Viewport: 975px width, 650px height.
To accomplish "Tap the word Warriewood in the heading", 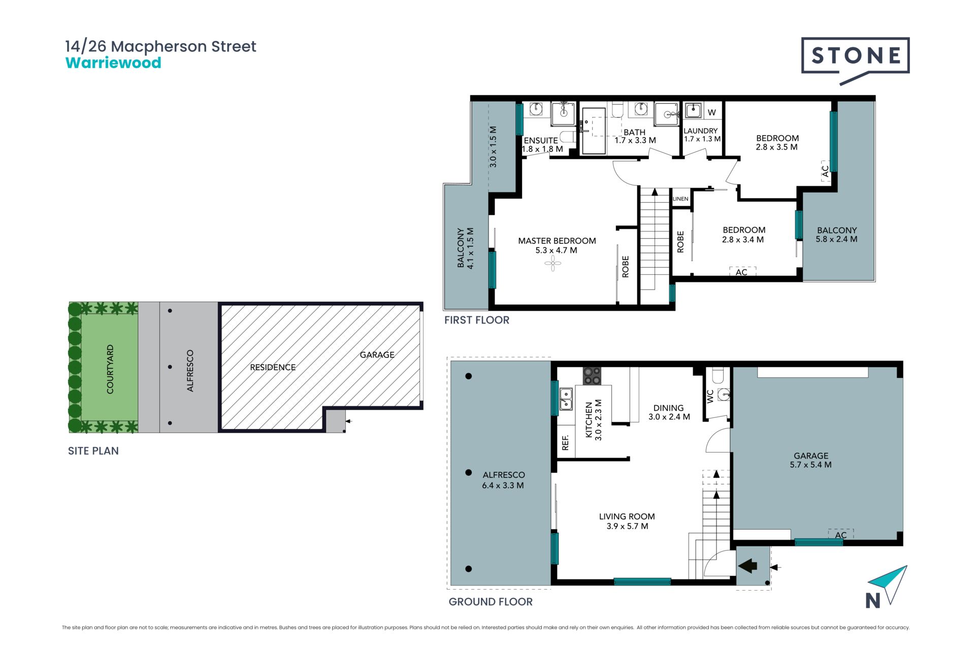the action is (x=113, y=63).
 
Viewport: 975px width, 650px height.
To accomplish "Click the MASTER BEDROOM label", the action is (x=557, y=241).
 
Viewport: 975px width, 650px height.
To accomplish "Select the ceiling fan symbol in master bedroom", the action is (x=552, y=263).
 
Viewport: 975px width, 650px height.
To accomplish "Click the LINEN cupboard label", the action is (x=680, y=199).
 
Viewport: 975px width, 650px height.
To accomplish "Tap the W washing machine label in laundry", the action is (x=712, y=113).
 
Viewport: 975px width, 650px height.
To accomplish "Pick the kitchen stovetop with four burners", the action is (x=592, y=376).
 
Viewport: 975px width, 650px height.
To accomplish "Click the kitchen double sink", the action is (x=566, y=399).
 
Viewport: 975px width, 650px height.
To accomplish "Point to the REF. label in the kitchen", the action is (x=565, y=443).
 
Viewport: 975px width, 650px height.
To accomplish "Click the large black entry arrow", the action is (x=747, y=565).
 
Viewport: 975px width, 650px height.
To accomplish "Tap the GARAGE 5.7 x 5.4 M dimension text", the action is (x=810, y=465).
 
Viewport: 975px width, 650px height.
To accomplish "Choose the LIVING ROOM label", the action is (x=627, y=516).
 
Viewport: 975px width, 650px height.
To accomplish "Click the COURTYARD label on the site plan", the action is (x=110, y=369).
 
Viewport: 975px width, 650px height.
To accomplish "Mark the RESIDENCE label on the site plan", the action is (x=273, y=367).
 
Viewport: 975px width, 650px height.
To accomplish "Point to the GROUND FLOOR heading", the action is (x=491, y=602).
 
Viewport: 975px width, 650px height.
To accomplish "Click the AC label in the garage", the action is (x=841, y=535).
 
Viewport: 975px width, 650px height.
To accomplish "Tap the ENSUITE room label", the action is (x=541, y=141).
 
